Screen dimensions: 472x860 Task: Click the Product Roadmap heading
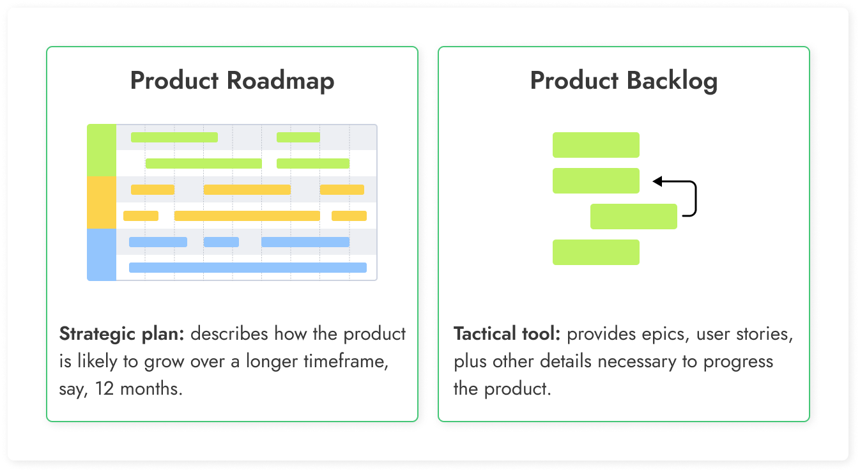(x=232, y=81)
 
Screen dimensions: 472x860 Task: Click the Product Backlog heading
(x=624, y=81)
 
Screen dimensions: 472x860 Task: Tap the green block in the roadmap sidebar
(x=102, y=150)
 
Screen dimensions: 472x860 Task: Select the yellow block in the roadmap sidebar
(x=102, y=202)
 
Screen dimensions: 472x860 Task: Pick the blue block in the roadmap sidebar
(x=102, y=254)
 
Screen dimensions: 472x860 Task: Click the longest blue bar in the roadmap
(x=248, y=268)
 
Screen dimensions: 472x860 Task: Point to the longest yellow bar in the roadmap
(x=247, y=216)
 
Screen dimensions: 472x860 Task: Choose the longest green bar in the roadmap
(x=203, y=164)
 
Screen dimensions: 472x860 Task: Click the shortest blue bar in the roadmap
(x=221, y=242)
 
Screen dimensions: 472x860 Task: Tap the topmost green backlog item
(x=595, y=145)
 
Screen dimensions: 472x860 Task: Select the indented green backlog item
(x=633, y=217)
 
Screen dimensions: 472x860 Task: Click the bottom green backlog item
(x=595, y=252)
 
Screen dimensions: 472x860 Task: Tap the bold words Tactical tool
(x=507, y=334)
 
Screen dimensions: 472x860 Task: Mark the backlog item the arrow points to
(x=595, y=181)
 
